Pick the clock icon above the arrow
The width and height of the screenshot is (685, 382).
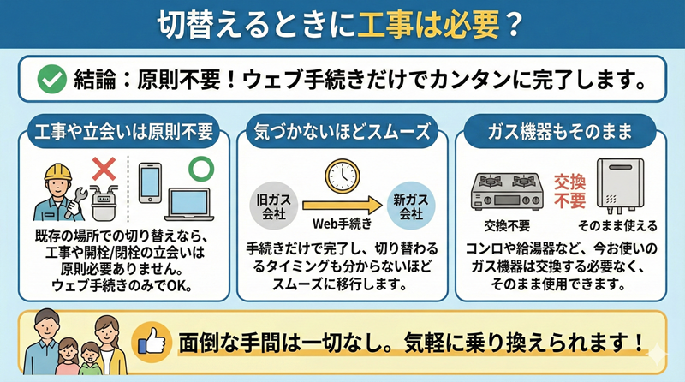click(341, 176)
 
